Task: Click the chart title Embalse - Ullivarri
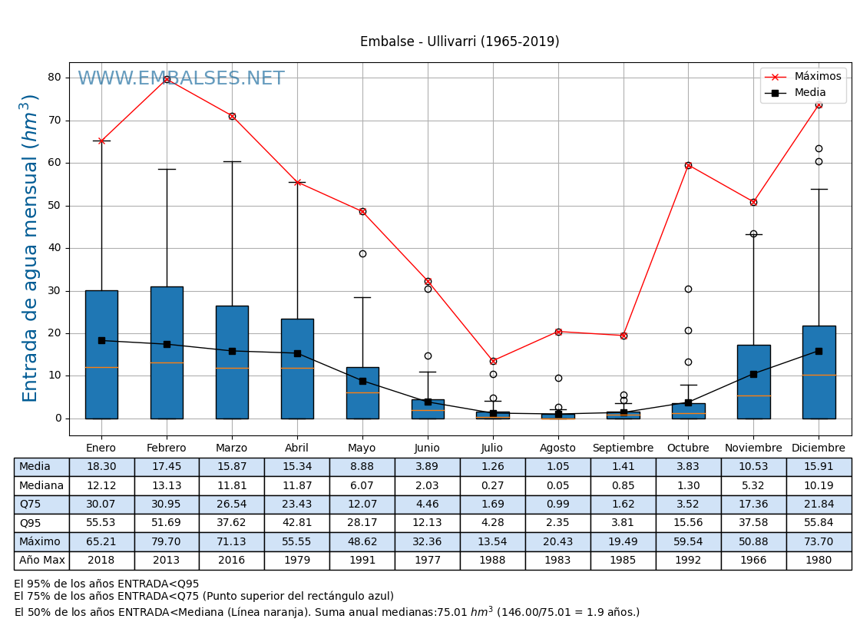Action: pyautogui.click(x=459, y=42)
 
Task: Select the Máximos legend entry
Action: pyautogui.click(x=817, y=77)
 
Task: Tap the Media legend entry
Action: pyautogui.click(x=809, y=93)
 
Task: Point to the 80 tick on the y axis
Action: pyautogui.click(x=55, y=78)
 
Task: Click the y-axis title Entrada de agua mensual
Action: pyautogui.click(x=30, y=247)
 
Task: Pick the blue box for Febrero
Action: pyautogui.click(x=167, y=352)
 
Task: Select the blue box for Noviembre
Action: pyautogui.click(x=753, y=382)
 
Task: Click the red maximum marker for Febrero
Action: pyautogui.click(x=167, y=79)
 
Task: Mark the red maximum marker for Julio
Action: pyautogui.click(x=493, y=361)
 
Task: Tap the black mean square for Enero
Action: pyautogui.click(x=101, y=340)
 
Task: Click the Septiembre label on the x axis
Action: pyautogui.click(x=623, y=448)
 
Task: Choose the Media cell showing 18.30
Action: pyautogui.click(x=101, y=467)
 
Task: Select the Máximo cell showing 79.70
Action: pyautogui.click(x=167, y=541)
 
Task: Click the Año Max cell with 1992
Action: pyautogui.click(x=688, y=561)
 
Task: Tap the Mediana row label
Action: pyautogui.click(x=41, y=485)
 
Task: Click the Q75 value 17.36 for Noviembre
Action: pyautogui.click(x=753, y=505)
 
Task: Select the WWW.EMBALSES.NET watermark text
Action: pyautogui.click(x=181, y=79)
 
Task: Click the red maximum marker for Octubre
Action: pyautogui.click(x=688, y=165)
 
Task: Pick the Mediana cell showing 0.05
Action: pyautogui.click(x=557, y=485)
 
